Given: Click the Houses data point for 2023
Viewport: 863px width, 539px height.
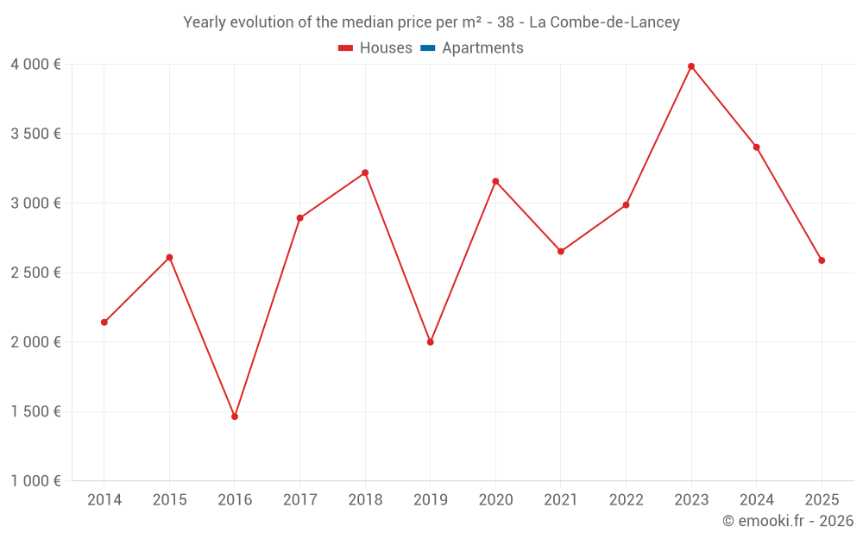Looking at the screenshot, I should [x=691, y=66].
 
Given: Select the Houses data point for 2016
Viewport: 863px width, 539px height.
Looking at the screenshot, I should [x=235, y=417].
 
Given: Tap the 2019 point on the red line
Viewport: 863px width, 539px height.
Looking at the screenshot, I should [x=431, y=342].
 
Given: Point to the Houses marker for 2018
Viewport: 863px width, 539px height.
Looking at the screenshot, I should [x=365, y=172].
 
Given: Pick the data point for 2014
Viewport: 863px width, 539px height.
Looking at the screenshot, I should [x=104, y=323].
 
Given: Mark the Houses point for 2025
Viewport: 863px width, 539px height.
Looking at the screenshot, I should [x=822, y=260].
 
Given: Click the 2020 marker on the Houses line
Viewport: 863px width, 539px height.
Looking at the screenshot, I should [x=495, y=181].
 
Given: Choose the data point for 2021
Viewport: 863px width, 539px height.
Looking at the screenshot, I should [x=561, y=252].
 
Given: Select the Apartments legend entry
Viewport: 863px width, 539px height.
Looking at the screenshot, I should [x=482, y=48].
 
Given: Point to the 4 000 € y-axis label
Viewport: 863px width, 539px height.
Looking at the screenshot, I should [x=35, y=65].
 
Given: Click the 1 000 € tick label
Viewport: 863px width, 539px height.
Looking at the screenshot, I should [x=35, y=481].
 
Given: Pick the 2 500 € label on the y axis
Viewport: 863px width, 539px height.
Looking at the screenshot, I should [x=35, y=273].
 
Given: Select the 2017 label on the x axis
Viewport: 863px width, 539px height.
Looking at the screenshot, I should [x=299, y=500].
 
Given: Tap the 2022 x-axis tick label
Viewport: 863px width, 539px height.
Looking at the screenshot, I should [x=626, y=500].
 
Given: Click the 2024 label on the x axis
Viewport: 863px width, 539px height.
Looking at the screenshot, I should [x=757, y=500].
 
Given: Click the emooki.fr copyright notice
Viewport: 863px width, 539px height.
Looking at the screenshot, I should [x=788, y=521].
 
